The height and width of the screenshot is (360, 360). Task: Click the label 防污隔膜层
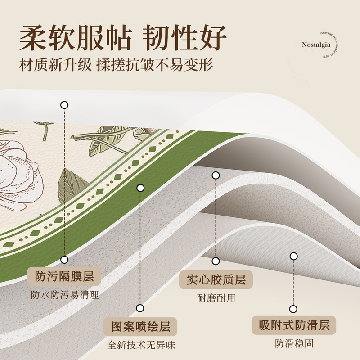(x=64, y=276)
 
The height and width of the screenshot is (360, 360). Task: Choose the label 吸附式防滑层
(x=294, y=325)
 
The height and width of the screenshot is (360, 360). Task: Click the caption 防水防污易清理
(x=64, y=295)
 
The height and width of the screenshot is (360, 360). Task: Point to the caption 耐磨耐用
(x=216, y=298)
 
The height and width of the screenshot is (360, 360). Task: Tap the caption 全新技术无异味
(x=141, y=346)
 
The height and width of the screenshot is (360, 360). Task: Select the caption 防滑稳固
(x=294, y=344)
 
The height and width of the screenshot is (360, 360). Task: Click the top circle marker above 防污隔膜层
(x=64, y=105)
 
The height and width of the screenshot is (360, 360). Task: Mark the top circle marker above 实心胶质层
(x=216, y=175)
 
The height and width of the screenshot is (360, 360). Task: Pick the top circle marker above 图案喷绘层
(x=141, y=188)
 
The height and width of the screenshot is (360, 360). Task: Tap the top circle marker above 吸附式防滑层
(x=294, y=256)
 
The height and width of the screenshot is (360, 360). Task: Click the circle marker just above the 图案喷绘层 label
(x=140, y=308)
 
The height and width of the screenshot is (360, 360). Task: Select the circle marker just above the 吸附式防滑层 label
(x=294, y=309)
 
